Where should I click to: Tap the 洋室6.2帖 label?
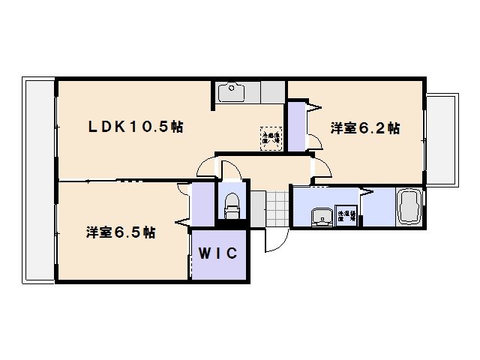(365, 128)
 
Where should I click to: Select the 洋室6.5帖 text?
(120, 232)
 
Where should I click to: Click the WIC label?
(218, 253)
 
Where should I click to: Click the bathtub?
(409, 206)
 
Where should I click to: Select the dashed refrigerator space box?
(271, 136)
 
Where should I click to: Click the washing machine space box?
(346, 213)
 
